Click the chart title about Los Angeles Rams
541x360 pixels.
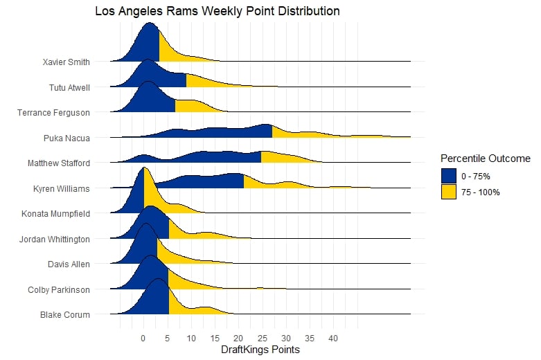[x=217, y=12]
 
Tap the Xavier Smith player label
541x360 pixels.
[x=65, y=62]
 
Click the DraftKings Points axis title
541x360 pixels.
[x=260, y=350]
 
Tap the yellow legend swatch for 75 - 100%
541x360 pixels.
[x=450, y=192]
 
